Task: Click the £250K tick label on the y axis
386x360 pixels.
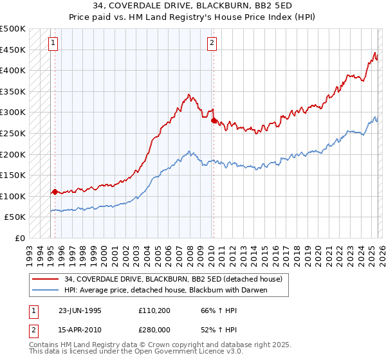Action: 13,133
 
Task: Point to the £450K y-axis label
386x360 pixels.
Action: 13,50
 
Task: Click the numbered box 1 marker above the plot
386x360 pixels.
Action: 52,44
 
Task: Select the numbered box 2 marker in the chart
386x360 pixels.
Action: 212,44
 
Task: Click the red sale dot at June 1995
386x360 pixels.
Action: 55,192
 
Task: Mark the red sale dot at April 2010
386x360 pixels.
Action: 214,119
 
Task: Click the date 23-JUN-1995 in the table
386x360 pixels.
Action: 80,310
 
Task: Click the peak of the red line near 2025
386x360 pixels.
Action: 374,53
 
